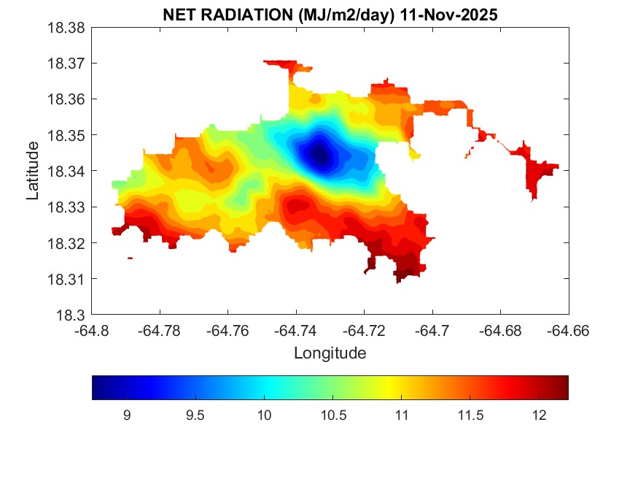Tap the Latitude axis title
tap(33, 171)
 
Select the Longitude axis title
tap(330, 353)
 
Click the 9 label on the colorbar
tap(127, 415)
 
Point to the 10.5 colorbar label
tap(333, 415)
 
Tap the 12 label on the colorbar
tap(539, 415)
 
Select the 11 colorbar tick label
tap(402, 415)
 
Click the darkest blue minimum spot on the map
tap(319, 155)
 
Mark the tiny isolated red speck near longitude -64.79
tap(130, 258)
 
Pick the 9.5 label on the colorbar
tap(195, 415)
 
